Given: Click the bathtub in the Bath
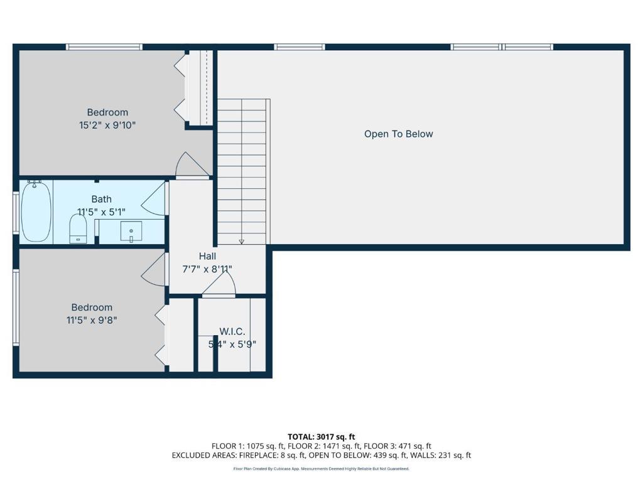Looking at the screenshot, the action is (x=36, y=212).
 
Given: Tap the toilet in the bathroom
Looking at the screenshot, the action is (x=78, y=228).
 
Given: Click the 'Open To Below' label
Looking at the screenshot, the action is (x=399, y=134).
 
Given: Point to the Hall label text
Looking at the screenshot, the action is (x=207, y=256).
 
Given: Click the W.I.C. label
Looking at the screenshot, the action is (x=232, y=331).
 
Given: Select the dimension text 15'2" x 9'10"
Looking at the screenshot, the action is (x=107, y=125).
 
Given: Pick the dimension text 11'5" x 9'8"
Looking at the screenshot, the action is (x=92, y=319).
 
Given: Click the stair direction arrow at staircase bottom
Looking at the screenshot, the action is (x=242, y=242).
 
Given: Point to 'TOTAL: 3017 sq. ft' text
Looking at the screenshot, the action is (x=321, y=437).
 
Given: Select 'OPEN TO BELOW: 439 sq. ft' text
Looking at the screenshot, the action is (x=358, y=456).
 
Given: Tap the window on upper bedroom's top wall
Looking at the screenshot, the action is (x=104, y=47).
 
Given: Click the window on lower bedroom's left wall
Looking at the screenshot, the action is (x=16, y=308).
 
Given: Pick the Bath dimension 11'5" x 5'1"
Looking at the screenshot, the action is (x=101, y=212).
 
